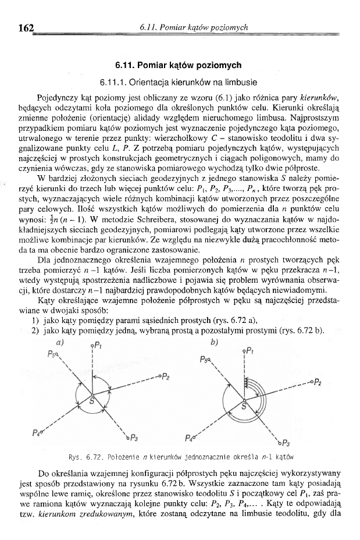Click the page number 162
[x=27, y=27]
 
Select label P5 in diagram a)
[x=53, y=353]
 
